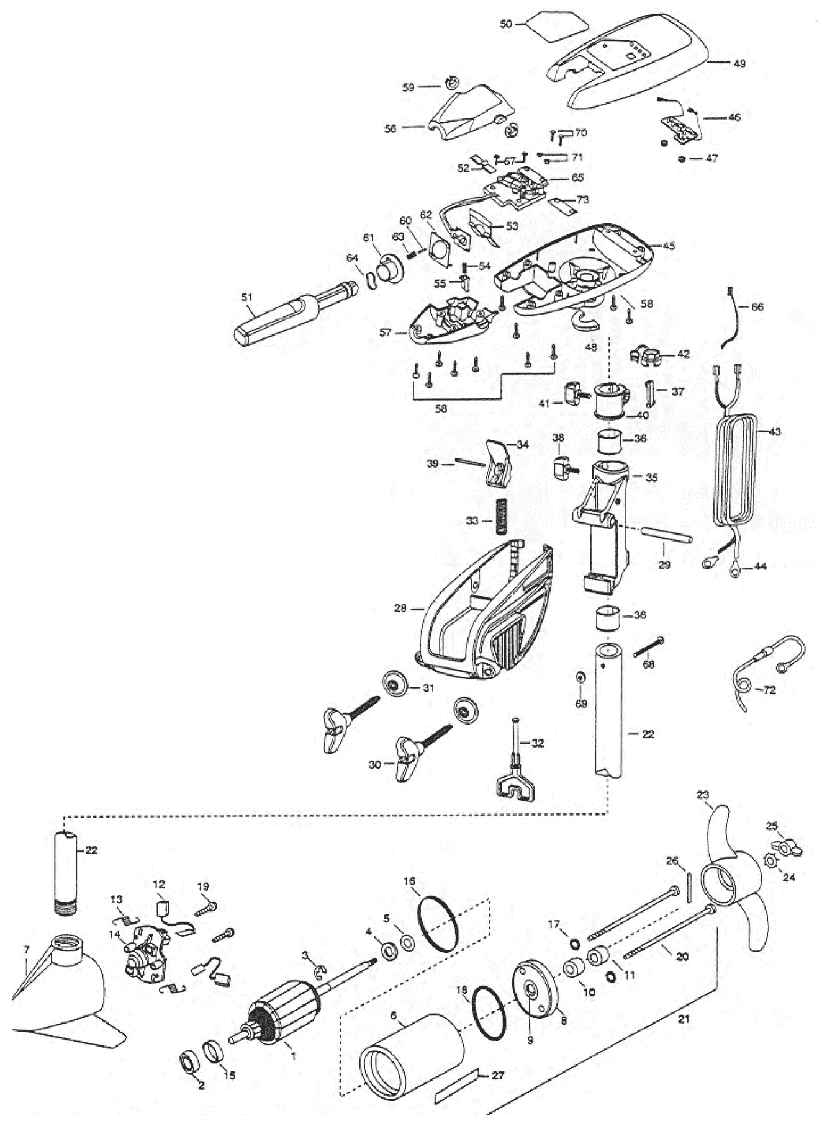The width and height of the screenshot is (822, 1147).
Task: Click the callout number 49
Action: [739, 63]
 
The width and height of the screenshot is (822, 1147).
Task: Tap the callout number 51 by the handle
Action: [247, 298]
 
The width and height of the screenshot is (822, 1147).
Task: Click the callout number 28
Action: [400, 609]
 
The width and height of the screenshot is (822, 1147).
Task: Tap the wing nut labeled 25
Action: [787, 846]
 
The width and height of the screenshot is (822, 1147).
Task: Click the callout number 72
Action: [769, 690]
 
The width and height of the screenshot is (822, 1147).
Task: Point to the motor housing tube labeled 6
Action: [412, 1058]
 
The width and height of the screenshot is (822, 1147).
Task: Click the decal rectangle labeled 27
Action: [457, 1092]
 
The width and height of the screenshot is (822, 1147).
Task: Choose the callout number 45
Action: [668, 246]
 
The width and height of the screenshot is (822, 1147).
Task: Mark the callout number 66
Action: [757, 306]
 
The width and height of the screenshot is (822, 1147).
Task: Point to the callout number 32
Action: [537, 743]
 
